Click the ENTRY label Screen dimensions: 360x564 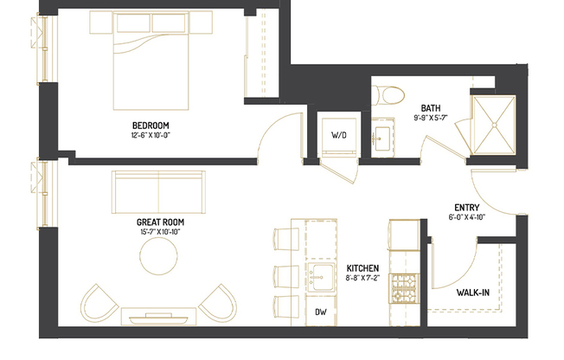coord(468,207)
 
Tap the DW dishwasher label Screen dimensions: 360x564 coord(319,312)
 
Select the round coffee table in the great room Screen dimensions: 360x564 coord(161,256)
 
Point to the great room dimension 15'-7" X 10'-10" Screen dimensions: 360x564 coord(159,233)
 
